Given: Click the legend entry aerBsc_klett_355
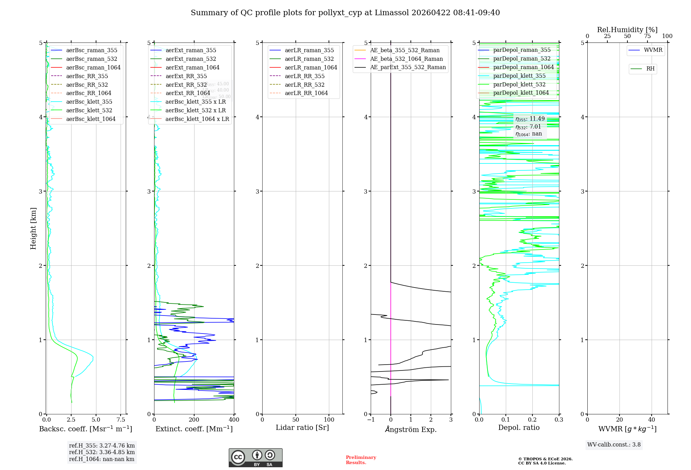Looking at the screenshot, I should click(x=89, y=102).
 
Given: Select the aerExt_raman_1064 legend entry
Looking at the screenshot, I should click(x=192, y=68).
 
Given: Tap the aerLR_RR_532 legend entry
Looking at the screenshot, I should click(x=304, y=85).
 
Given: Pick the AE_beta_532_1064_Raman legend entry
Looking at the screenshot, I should click(x=406, y=59).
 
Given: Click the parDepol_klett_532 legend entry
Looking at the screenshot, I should click(x=519, y=85).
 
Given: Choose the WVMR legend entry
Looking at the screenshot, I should click(x=653, y=50).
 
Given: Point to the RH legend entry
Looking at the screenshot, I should click(x=650, y=69).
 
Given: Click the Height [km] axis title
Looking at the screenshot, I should click(x=34, y=228).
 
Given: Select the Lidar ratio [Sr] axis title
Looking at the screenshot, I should click(x=302, y=428).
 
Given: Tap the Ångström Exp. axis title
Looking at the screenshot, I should click(x=411, y=429).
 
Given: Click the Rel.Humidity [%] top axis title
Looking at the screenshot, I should click(x=627, y=30).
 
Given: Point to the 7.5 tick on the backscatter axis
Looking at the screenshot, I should click(x=121, y=420).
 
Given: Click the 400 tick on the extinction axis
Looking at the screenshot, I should click(x=234, y=420).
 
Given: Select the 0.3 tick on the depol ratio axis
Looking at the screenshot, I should click(x=559, y=420).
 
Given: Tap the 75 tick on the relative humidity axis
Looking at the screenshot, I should click(x=647, y=36).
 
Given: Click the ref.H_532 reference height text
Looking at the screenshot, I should click(x=102, y=452).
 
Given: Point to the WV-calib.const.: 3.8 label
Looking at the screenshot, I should click(x=614, y=445).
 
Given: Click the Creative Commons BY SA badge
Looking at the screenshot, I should click(x=255, y=458).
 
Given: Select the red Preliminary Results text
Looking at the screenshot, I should click(x=361, y=460).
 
